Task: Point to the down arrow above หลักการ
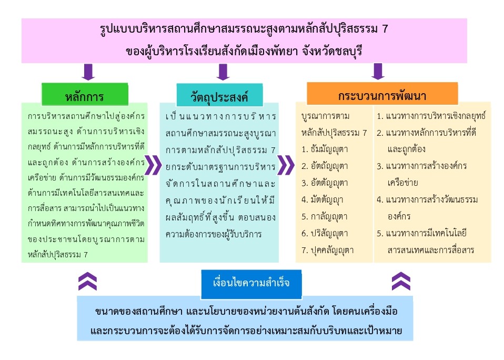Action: (88, 72)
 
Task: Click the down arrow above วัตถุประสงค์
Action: (223, 72)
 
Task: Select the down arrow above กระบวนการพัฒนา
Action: (377, 72)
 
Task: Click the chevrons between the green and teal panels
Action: (153, 165)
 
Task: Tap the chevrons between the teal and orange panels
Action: (286, 165)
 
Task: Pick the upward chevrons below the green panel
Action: (87, 281)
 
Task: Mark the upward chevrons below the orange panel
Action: (401, 281)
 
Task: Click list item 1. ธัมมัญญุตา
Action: (325, 149)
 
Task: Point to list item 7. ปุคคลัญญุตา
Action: (327, 250)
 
